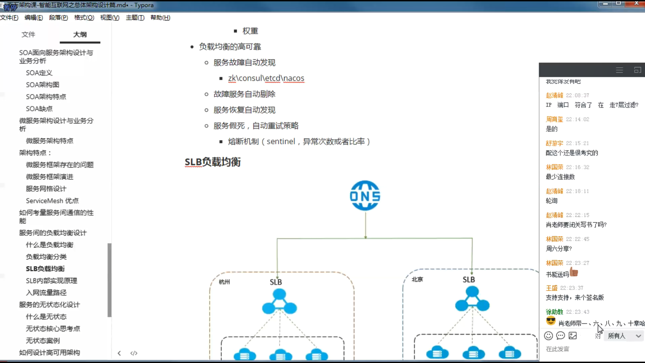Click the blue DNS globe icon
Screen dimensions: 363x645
click(365, 196)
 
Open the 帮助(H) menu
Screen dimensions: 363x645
click(160, 17)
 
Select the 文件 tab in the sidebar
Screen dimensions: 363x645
click(28, 34)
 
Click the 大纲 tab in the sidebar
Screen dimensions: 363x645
click(80, 34)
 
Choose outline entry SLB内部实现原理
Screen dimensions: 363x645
click(51, 281)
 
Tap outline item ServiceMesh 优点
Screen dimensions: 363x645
click(52, 201)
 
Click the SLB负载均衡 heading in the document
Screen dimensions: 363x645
click(213, 162)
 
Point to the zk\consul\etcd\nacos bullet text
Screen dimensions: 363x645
click(266, 78)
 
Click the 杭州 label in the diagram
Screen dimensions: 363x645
click(224, 282)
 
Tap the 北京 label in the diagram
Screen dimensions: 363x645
click(417, 279)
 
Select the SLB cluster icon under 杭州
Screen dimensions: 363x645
click(279, 301)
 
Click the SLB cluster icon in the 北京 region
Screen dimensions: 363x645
click(472, 299)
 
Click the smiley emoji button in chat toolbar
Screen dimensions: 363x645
click(548, 335)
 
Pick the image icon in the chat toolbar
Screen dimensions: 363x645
click(573, 335)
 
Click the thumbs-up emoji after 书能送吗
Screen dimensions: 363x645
click(574, 272)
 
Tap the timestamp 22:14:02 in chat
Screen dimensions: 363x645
click(577, 119)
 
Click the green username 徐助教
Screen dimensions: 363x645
click(554, 312)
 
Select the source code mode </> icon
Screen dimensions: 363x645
click(134, 353)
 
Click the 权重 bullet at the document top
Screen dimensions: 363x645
click(250, 31)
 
